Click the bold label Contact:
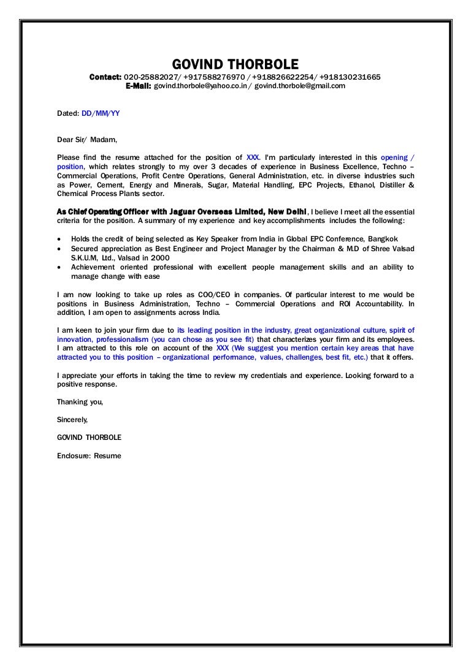(x=105, y=77)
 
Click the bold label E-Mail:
(x=138, y=86)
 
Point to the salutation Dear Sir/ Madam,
(x=86, y=140)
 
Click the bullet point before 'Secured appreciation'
(x=59, y=248)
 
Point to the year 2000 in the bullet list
(x=159, y=257)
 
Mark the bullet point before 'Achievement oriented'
(x=59, y=267)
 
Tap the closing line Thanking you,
(x=80, y=402)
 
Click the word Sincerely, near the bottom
(x=72, y=420)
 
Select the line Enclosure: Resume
(x=89, y=456)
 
